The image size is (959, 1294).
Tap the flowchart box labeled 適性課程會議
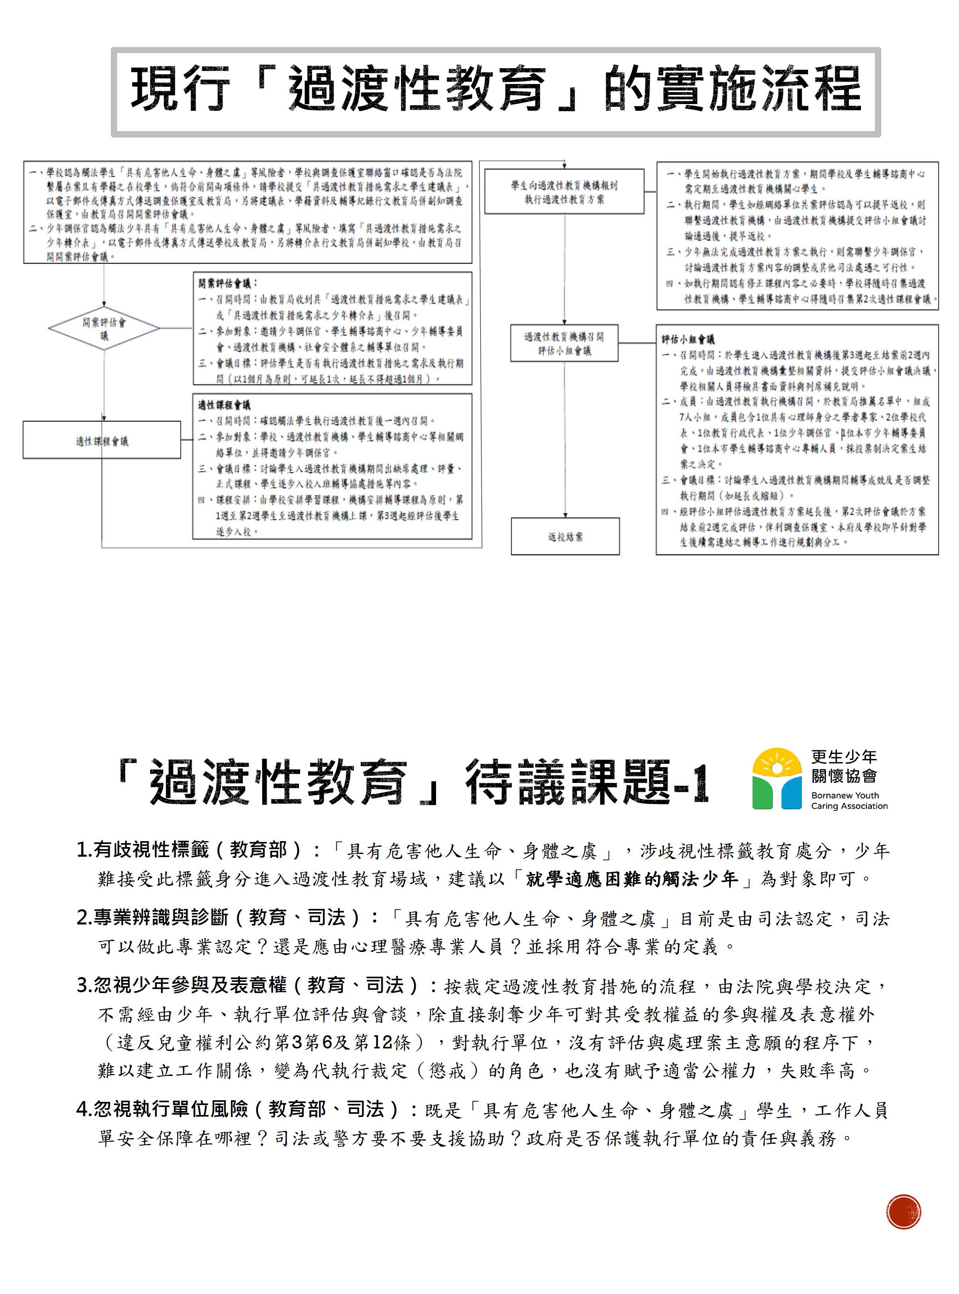(x=102, y=441)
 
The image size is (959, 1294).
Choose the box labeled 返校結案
(x=565, y=537)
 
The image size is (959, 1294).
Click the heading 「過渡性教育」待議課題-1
(x=412, y=782)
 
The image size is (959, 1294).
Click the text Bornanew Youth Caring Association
(x=849, y=800)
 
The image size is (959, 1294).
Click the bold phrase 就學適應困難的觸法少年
(x=632, y=879)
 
